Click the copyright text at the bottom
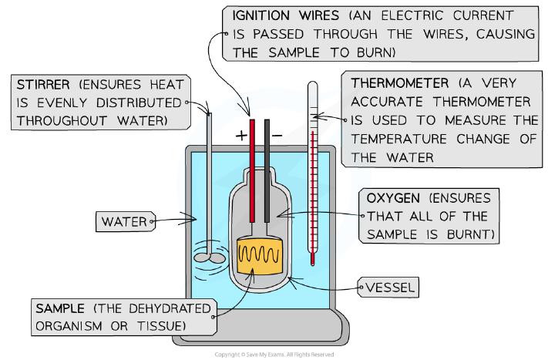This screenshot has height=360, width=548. point(274,355)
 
